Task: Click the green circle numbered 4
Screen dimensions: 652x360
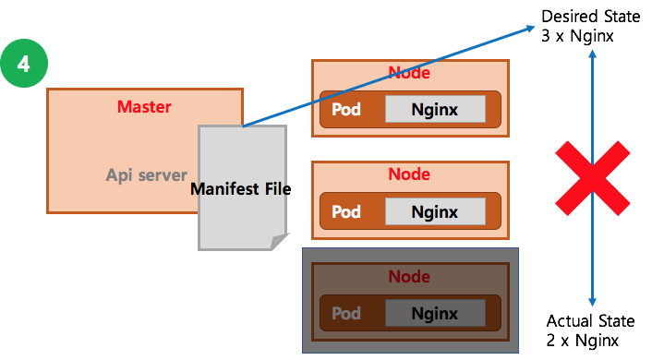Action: click(24, 63)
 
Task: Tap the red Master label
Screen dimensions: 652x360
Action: click(144, 107)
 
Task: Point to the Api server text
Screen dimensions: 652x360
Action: click(146, 175)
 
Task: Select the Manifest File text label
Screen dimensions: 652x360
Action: click(240, 188)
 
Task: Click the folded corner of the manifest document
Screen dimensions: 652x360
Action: click(279, 242)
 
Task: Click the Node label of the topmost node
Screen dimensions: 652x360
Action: click(409, 73)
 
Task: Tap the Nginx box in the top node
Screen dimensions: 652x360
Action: click(435, 109)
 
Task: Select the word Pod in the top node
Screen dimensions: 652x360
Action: click(346, 109)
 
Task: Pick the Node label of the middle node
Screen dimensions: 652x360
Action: click(409, 174)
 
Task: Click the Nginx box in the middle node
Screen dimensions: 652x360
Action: click(435, 211)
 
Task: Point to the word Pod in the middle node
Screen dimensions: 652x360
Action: click(346, 211)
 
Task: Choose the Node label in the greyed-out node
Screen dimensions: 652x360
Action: click(409, 276)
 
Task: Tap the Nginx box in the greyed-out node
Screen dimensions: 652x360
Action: click(435, 313)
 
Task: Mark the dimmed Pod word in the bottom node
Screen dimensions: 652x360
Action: click(346, 313)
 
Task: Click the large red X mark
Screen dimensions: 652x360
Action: click(593, 178)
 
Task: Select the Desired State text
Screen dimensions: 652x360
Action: click(590, 17)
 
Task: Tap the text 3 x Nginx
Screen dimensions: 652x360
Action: click(577, 36)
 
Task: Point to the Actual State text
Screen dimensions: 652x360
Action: click(590, 321)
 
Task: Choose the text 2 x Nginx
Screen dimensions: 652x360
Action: click(582, 341)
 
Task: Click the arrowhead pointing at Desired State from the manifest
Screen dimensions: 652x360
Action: click(531, 29)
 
